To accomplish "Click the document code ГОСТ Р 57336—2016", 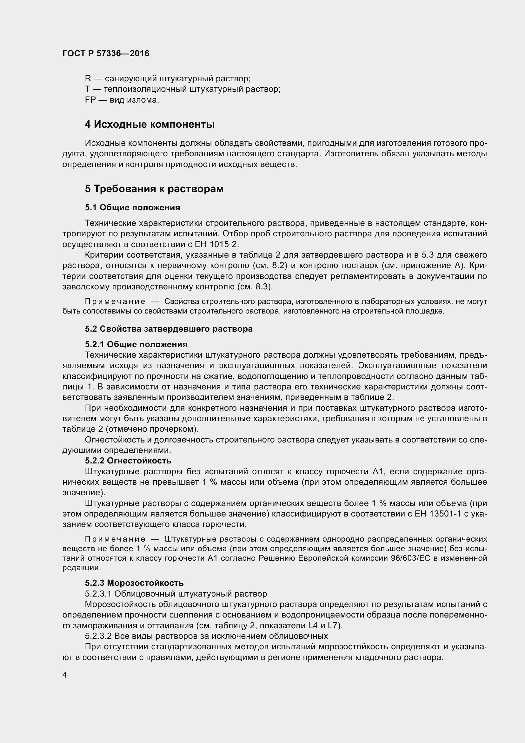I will [106, 53].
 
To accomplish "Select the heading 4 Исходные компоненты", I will [150, 124].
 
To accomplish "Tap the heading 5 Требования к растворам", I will [154, 189].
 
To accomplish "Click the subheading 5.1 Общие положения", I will [133, 207].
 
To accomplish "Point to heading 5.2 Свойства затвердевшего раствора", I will [169, 329].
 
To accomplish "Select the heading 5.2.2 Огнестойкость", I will [128, 461].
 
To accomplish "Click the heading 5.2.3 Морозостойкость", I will [134, 583].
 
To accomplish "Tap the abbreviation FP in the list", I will [90, 100].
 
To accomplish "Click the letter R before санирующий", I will [88, 79].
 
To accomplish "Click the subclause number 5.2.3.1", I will [98, 594].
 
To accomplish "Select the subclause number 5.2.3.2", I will [98, 636].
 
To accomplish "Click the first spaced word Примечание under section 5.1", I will [115, 301].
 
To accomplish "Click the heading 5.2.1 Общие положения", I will [136, 344].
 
